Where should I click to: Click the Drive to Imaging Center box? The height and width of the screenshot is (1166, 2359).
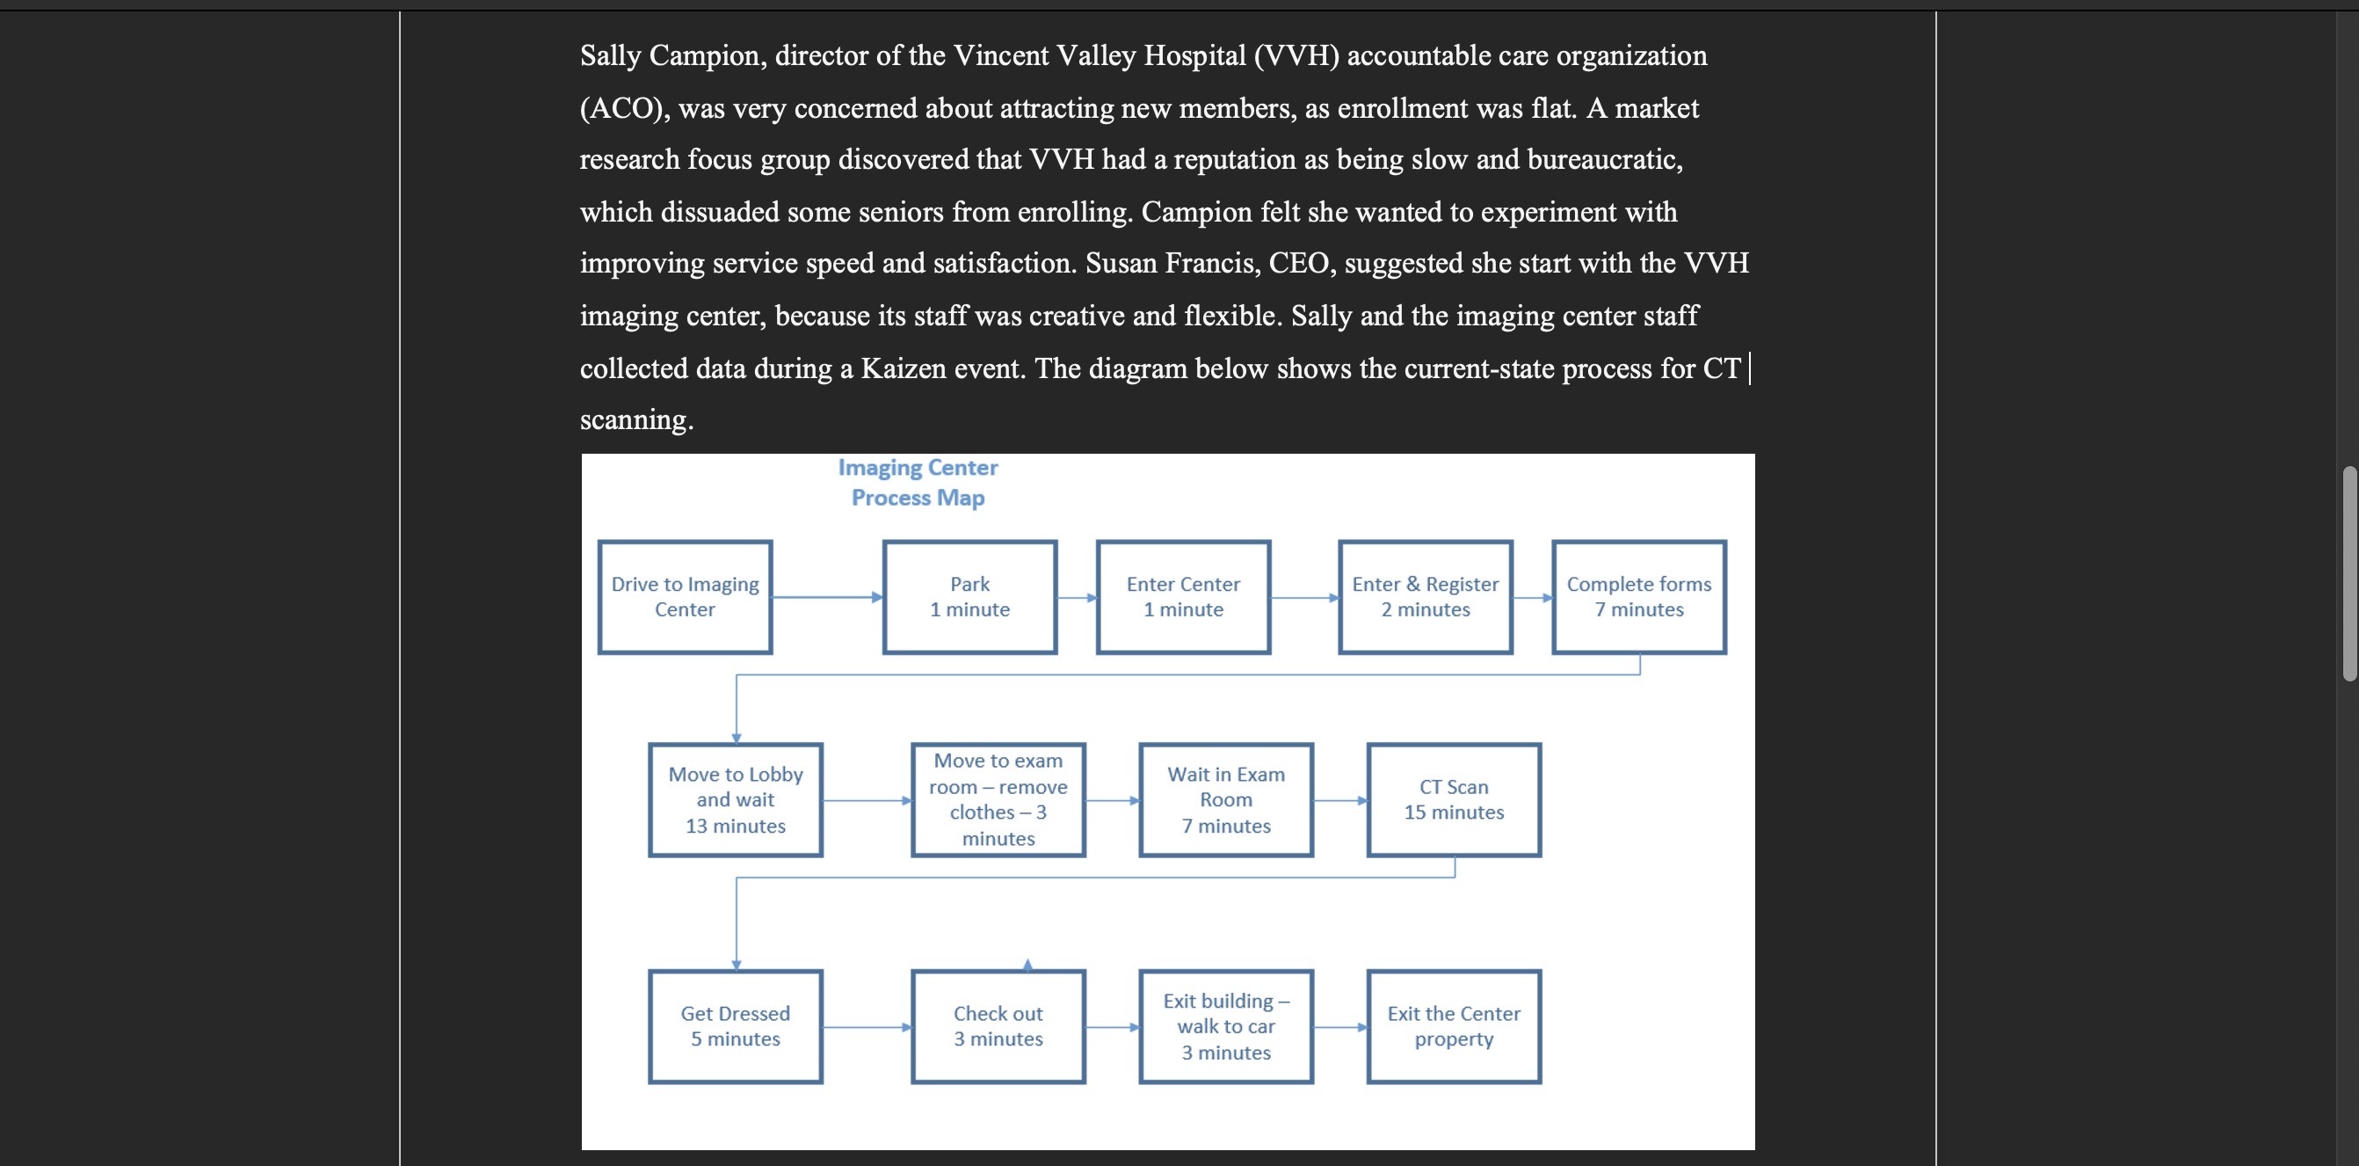(685, 597)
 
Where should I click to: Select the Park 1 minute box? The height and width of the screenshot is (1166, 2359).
(969, 597)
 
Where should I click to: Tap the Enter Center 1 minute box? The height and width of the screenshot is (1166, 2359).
(1183, 597)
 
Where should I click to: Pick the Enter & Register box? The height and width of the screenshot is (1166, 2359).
(1425, 597)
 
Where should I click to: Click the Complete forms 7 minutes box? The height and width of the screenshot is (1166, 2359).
(1638, 597)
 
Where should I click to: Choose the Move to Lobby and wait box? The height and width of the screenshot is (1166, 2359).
(736, 799)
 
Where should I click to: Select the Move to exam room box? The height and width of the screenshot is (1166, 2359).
(998, 799)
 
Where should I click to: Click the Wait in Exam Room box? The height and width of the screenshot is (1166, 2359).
(1226, 799)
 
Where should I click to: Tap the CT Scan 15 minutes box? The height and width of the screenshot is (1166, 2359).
(1454, 799)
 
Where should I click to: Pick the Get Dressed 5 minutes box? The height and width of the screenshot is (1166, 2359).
(736, 1027)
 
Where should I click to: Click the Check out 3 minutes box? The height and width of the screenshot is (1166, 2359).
(998, 1027)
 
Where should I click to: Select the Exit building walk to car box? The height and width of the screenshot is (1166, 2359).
(1226, 1027)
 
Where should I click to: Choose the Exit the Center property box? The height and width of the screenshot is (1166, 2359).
(1454, 1027)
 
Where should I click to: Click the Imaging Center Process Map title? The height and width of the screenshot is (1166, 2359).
(918, 483)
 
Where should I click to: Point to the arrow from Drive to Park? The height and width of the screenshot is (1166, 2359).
(827, 597)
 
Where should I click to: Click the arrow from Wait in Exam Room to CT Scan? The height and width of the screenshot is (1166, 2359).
(1339, 800)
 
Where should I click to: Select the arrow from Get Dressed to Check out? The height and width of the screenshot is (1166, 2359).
(867, 1027)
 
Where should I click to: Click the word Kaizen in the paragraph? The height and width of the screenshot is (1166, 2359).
(903, 368)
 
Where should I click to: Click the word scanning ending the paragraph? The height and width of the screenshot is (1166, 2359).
(635, 419)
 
